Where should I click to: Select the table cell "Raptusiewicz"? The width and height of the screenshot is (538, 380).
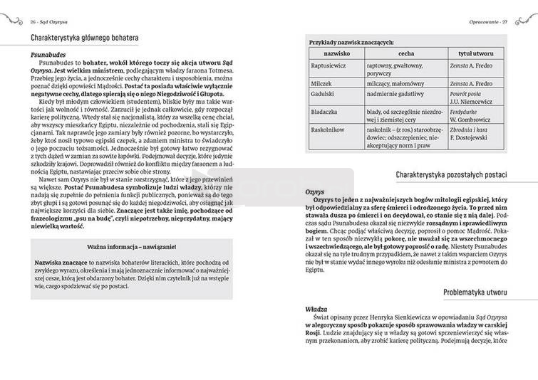click(329, 65)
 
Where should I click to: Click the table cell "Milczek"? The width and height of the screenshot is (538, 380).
click(321, 83)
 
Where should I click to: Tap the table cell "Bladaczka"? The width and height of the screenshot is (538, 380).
click(324, 112)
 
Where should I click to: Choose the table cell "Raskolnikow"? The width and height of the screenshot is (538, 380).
click(328, 130)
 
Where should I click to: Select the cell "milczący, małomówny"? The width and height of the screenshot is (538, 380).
click(397, 83)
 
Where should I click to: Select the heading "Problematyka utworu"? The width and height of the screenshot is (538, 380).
click(484, 292)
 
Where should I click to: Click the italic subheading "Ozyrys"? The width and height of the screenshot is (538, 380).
click(314, 193)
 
